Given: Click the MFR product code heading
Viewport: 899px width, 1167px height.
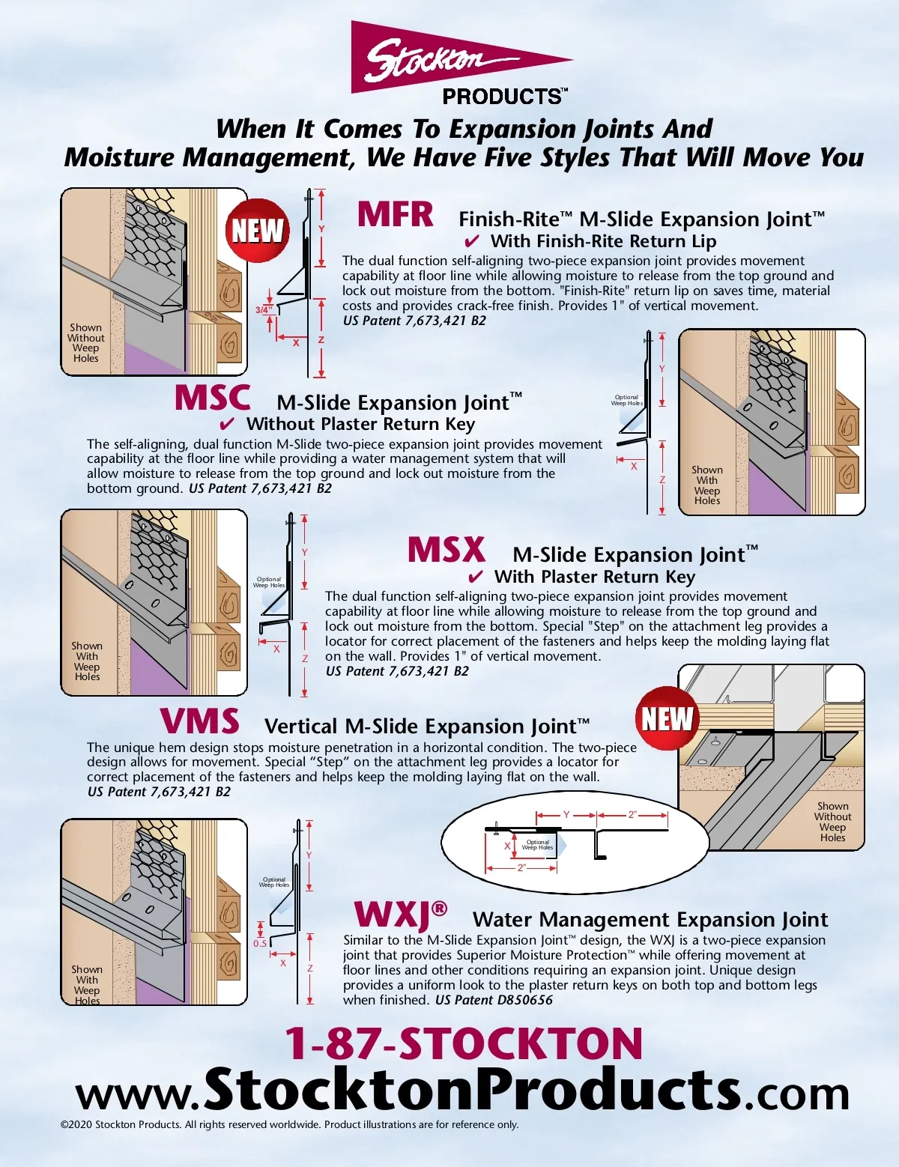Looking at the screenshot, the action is pos(396,214).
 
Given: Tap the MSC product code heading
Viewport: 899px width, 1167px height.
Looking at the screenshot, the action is pos(212,398).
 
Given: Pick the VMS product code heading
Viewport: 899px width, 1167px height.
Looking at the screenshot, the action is pos(200,721).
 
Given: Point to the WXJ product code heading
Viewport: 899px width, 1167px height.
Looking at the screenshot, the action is pos(400,915).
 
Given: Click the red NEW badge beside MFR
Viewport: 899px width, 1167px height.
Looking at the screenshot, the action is pos(257,231).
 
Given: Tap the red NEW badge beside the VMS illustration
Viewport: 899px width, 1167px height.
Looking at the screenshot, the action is pos(667,718).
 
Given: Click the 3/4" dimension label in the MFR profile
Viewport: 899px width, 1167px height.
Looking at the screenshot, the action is pos(264,310).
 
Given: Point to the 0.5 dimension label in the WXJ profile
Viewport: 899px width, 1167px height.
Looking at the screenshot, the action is pos(260,943).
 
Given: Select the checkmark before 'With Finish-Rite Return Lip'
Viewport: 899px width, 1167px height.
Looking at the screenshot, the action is pos(472,241).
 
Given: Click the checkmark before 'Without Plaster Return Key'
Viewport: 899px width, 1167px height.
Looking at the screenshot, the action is pos(227,424).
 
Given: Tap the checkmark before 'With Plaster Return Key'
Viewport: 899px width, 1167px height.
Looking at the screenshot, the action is pos(476,577).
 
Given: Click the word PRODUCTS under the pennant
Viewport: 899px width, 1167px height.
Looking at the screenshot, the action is pos(502,97).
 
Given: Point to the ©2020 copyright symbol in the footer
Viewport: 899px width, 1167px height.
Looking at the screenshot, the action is pos(64,1124).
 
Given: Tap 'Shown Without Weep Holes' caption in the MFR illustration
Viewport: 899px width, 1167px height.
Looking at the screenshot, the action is pos(86,342).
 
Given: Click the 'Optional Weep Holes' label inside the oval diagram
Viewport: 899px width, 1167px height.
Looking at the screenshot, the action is pos(538,845).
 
